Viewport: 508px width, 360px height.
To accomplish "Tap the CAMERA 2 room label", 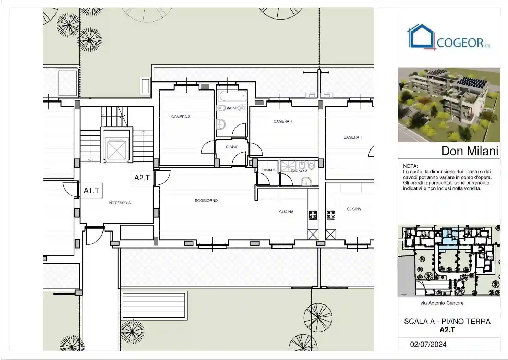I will pyautogui.click(x=181, y=117).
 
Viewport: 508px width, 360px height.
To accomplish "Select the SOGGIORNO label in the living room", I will pyautogui.click(x=206, y=201).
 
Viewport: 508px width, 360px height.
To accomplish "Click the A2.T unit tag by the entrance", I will pyautogui.click(x=142, y=178).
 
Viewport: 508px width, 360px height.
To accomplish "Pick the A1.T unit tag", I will pyautogui.click(x=92, y=191).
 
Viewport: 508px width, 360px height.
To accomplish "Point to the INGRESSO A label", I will pyautogui.click(x=119, y=203).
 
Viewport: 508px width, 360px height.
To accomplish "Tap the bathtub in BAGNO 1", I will pyautogui.click(x=232, y=95).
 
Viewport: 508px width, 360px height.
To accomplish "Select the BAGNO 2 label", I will pyautogui.click(x=299, y=171).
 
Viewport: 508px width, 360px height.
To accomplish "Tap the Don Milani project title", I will pyautogui.click(x=469, y=151).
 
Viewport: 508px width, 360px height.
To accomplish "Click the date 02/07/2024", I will pyautogui.click(x=428, y=345).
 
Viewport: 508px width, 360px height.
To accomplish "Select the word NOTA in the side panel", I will pyautogui.click(x=410, y=166).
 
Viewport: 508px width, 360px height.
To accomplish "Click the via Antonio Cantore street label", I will pyautogui.click(x=442, y=303).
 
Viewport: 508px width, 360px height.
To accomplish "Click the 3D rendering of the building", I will pyautogui.click(x=448, y=105).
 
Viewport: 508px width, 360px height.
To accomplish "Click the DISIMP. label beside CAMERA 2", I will pyautogui.click(x=232, y=147).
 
